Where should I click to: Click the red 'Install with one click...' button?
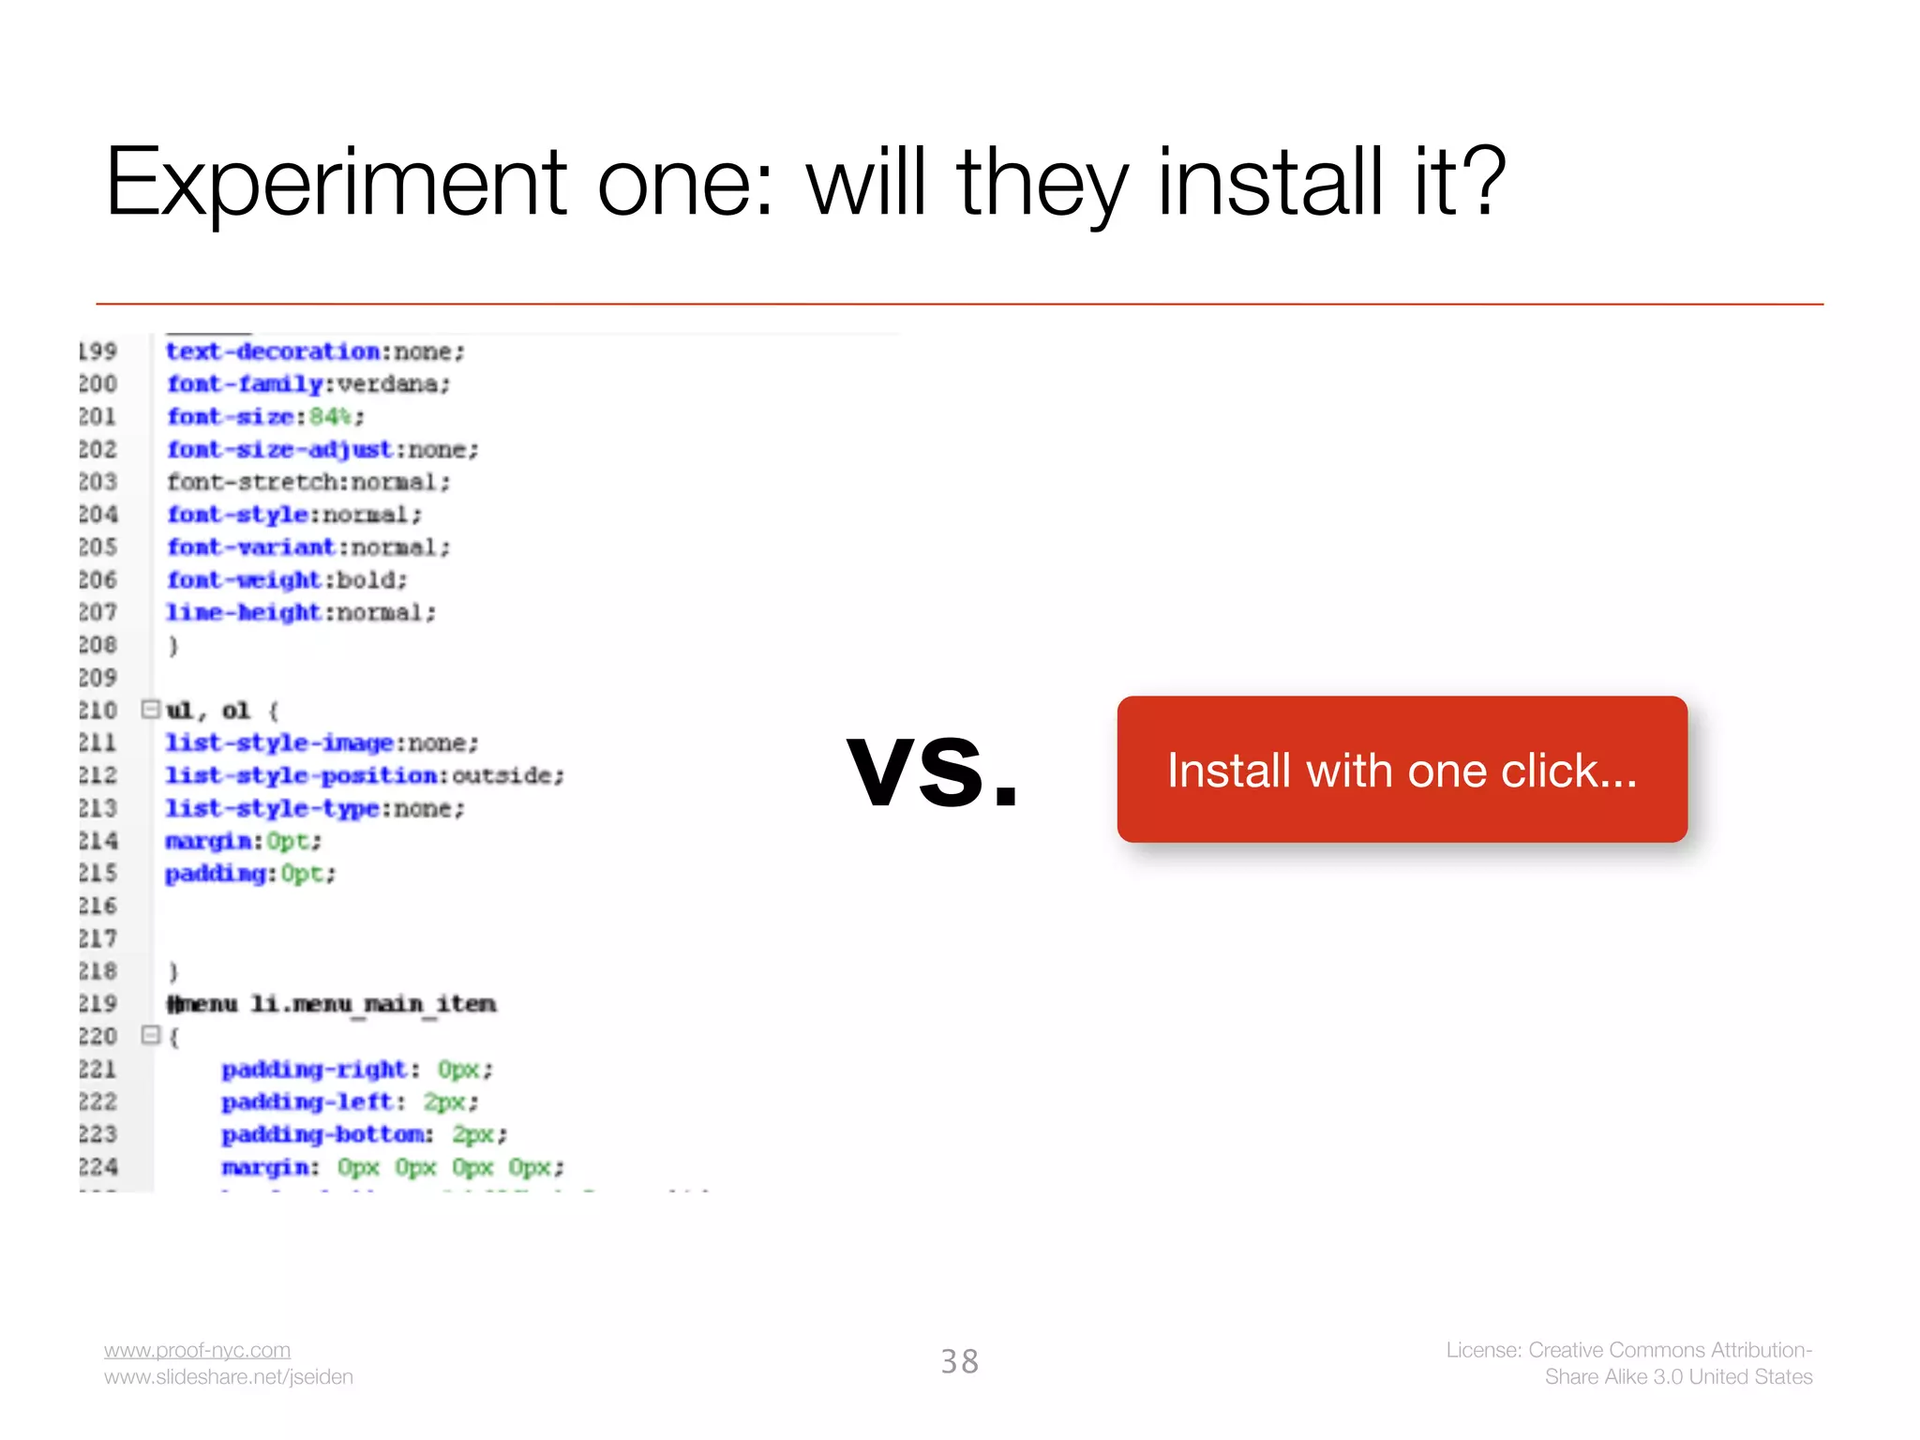click(x=1402, y=770)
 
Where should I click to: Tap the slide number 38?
click(x=959, y=1361)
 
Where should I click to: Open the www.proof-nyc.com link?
click(x=197, y=1350)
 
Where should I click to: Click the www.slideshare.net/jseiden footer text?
click(x=228, y=1377)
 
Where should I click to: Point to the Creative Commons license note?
click(x=1628, y=1363)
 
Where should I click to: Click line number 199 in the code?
click(x=97, y=352)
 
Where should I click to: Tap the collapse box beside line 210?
click(x=150, y=709)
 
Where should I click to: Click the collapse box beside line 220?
click(x=150, y=1035)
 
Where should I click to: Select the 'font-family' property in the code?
click(x=244, y=384)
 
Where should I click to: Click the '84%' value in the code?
click(x=330, y=416)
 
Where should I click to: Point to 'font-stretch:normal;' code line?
click(x=308, y=482)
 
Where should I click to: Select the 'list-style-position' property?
click(x=301, y=776)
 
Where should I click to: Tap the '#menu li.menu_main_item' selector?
click(x=331, y=1004)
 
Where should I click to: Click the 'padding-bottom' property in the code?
click(x=323, y=1134)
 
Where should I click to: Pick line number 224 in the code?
click(x=97, y=1167)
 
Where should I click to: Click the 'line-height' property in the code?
click(x=243, y=613)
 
